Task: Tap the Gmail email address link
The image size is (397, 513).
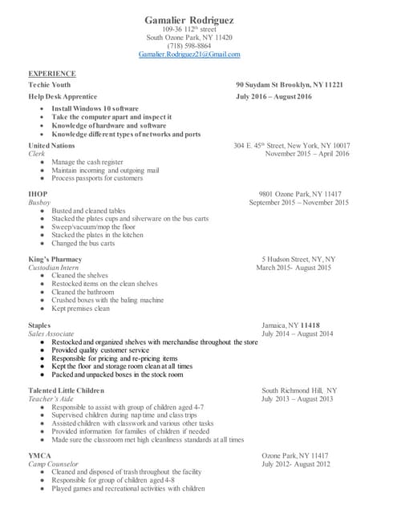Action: coord(189,55)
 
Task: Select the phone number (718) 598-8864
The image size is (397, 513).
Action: coord(189,46)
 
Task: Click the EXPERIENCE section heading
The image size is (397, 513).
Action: coord(52,73)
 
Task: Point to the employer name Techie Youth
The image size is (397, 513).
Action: coord(50,84)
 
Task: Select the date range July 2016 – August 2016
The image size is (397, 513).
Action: coord(273,96)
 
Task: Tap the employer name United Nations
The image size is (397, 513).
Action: coord(51,145)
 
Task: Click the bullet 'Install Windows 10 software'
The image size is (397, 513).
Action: coord(95,108)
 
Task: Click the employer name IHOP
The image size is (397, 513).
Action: coord(38,194)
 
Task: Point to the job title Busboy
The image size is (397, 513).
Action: coord(39,203)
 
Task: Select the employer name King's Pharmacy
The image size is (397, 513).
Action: coord(56,259)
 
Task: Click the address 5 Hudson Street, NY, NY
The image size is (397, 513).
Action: coord(298,259)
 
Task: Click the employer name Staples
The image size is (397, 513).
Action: coord(40,325)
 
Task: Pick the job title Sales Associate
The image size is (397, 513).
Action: coord(51,333)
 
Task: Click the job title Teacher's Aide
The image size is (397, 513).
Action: coord(52,398)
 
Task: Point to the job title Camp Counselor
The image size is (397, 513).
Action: coord(53,464)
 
